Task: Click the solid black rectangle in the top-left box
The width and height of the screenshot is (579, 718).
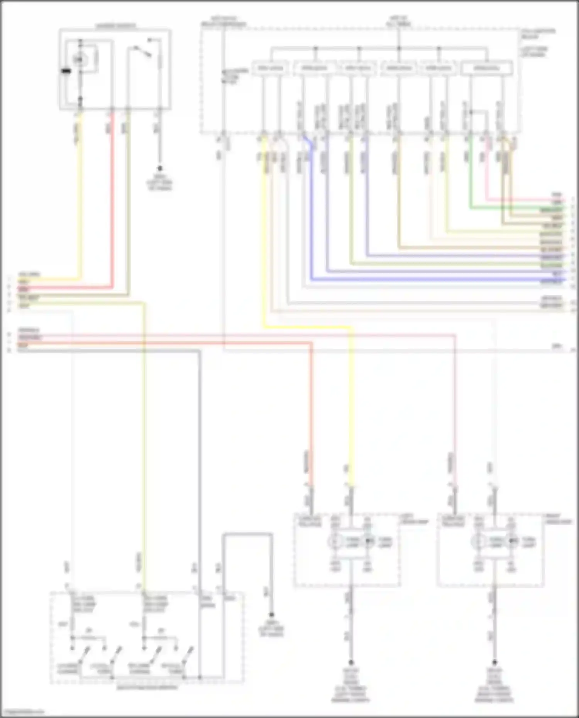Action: (67, 71)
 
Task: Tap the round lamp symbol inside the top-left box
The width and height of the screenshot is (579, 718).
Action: (80, 59)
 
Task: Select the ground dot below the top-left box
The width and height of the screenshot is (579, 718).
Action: (159, 169)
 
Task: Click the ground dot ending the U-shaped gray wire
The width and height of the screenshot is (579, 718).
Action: (272, 615)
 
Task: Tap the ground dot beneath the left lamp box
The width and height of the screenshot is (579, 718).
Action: (351, 662)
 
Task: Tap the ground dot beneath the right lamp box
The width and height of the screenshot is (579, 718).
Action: (494, 662)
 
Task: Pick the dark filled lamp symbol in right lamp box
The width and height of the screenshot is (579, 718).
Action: (512, 541)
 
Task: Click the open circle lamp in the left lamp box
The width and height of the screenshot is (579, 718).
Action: (335, 541)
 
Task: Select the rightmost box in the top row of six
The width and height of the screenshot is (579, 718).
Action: (488, 68)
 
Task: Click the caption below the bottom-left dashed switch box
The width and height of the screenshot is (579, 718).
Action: (147, 688)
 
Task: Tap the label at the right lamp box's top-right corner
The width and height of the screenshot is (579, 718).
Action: (557, 519)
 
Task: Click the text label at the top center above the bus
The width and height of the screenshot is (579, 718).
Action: (399, 21)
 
